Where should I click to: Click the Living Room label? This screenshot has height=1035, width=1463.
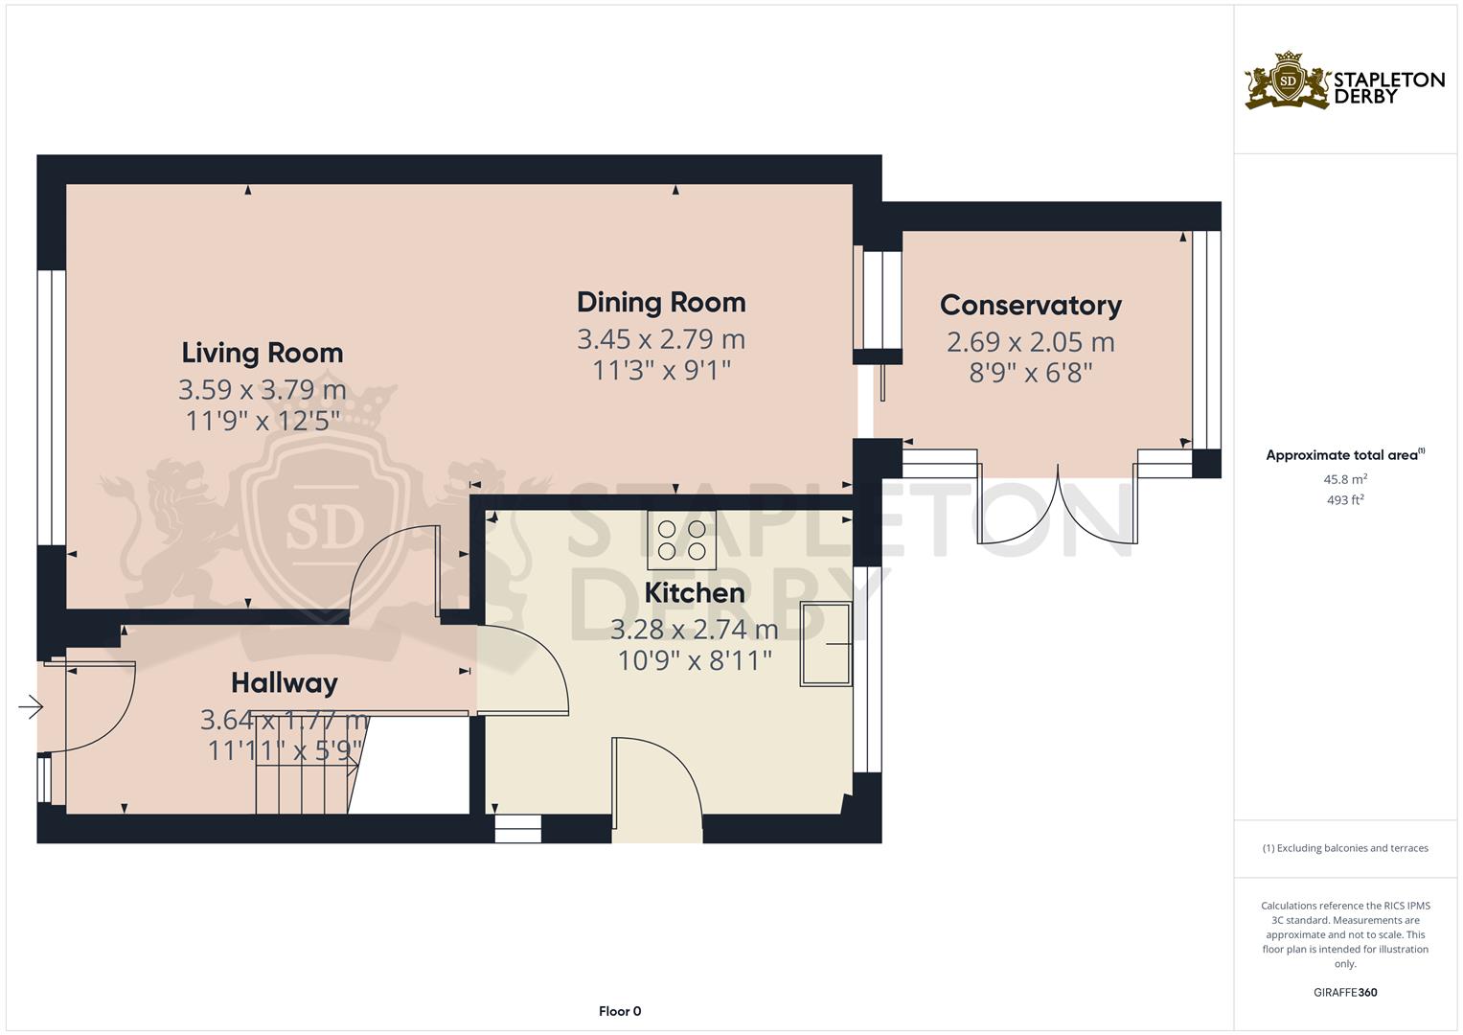(262, 353)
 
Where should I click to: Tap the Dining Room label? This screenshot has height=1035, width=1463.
(661, 303)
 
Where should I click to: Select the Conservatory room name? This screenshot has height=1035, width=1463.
(1031, 306)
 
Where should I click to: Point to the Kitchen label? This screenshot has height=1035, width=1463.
(695, 593)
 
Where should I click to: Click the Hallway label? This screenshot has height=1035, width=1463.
(285, 683)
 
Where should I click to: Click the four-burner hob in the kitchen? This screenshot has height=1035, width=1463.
(681, 540)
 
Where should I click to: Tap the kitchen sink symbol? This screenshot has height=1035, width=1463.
(826, 644)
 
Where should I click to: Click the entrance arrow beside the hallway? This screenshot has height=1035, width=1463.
(31, 706)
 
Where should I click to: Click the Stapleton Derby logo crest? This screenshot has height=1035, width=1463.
(1288, 80)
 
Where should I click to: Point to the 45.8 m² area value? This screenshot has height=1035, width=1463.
(1345, 479)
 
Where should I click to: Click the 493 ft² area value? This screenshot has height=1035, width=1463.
(1345, 500)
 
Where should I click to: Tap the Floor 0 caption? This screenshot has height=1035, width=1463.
(620, 1011)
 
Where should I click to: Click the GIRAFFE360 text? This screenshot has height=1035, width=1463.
(1345, 992)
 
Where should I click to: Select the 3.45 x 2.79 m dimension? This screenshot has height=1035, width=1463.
(661, 339)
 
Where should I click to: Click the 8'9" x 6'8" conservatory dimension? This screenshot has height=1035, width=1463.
(1031, 373)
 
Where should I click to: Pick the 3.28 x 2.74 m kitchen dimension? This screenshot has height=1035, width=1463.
(695, 630)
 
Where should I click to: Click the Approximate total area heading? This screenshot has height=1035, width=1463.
(1345, 455)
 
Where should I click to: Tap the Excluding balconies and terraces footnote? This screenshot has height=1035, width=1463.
(1345, 848)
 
